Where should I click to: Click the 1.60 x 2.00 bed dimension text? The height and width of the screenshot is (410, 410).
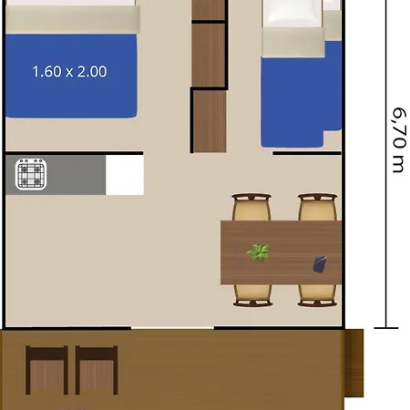pos(69,71)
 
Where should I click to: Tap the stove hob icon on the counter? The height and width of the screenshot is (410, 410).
pos(31,174)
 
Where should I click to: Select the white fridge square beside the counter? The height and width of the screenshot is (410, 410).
pos(125,174)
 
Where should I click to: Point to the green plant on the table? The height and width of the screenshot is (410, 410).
pos(259,251)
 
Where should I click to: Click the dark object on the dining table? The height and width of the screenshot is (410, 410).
pos(320,264)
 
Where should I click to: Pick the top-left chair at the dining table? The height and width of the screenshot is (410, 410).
pos(252,208)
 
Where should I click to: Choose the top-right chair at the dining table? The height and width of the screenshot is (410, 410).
pos(317,208)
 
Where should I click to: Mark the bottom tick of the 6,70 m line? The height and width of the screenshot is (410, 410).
pos(388,328)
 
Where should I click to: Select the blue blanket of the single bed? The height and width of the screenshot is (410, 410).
pos(292,91)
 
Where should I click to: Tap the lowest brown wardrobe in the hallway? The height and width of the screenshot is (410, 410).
pos(210,120)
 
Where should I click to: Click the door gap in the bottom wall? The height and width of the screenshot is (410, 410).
pos(172,328)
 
